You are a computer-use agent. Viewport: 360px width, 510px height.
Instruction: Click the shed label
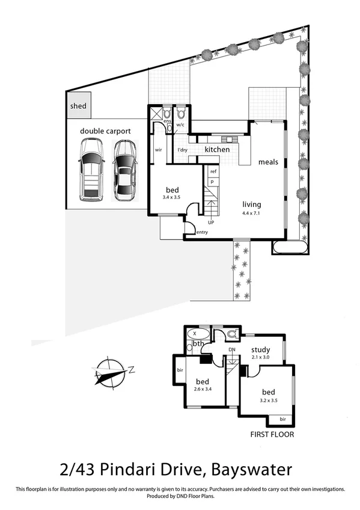click(78, 106)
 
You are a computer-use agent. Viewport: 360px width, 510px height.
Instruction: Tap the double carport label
click(105, 130)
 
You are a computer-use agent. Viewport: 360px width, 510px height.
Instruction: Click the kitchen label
click(217, 149)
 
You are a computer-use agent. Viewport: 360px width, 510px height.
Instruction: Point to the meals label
click(268, 162)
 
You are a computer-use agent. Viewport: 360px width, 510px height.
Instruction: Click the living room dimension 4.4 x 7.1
click(254, 213)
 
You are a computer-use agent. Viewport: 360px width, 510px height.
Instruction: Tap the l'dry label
click(183, 149)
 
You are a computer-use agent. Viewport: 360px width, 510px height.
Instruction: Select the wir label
click(159, 149)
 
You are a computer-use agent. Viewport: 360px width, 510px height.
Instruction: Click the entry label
click(202, 232)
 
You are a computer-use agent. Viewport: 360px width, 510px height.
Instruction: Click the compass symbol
click(109, 370)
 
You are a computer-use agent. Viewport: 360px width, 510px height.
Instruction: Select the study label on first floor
click(260, 349)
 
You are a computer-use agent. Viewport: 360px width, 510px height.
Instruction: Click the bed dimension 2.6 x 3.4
click(203, 389)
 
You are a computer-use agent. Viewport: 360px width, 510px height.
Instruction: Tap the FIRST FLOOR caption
click(273, 433)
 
